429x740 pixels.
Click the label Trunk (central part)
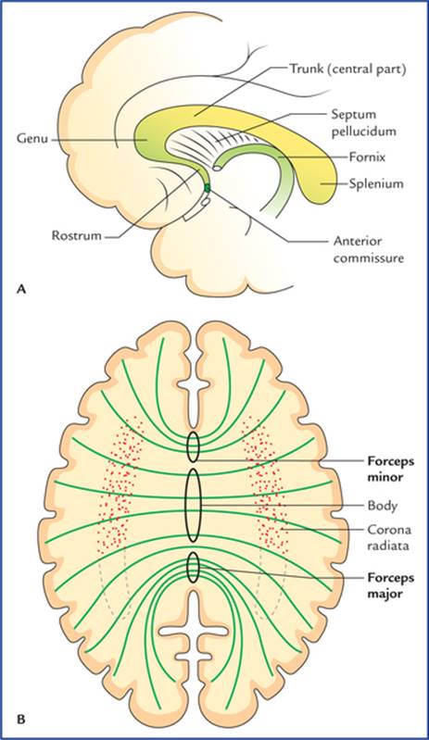[x=347, y=69]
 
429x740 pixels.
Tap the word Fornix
[x=367, y=157]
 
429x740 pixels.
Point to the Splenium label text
[x=376, y=183]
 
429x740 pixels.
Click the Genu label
[x=32, y=139]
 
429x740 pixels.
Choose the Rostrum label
[x=77, y=235]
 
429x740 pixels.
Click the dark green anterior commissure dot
[x=207, y=188]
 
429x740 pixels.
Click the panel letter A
[x=20, y=289]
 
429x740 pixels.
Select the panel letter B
[x=20, y=720]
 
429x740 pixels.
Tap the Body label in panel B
[x=383, y=506]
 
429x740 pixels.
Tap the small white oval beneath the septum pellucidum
[x=218, y=168]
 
